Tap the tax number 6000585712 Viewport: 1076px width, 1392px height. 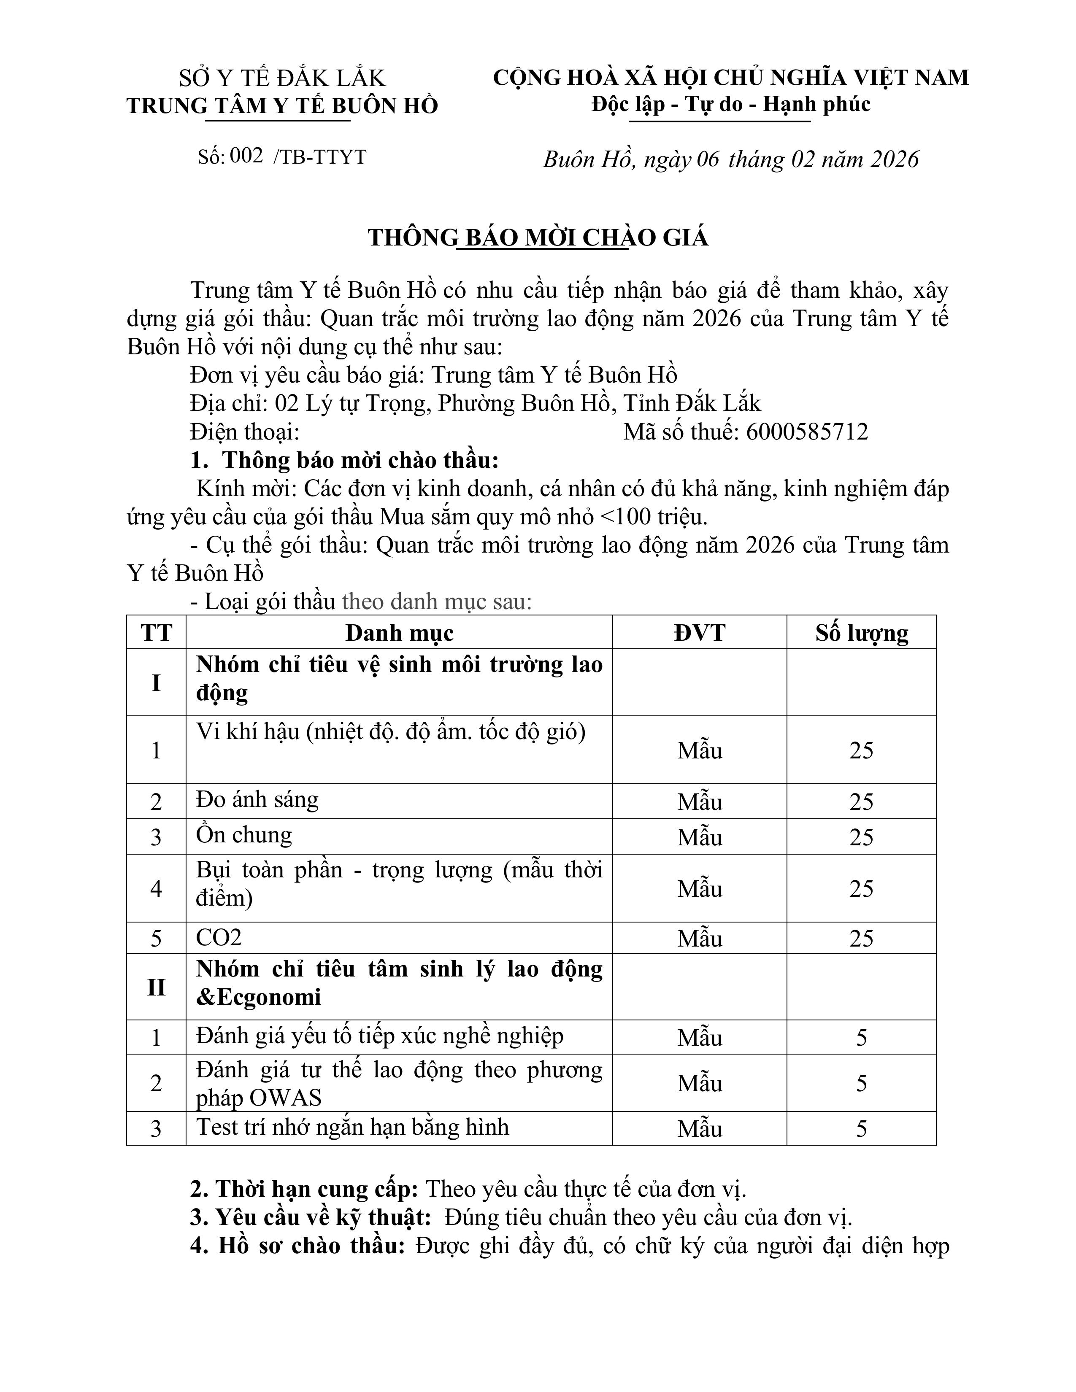point(806,432)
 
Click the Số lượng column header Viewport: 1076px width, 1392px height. point(861,633)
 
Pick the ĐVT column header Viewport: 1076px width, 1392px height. point(699,633)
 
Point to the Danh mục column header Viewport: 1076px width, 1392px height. point(399,633)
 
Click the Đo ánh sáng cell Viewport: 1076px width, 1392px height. point(257,800)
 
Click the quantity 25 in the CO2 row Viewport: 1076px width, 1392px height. point(861,938)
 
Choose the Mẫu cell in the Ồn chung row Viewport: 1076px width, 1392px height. point(699,837)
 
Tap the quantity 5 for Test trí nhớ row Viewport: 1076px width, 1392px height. point(861,1129)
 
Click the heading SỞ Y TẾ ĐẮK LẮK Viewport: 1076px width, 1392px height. point(282,78)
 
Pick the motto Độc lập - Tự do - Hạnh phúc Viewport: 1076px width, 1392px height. point(730,104)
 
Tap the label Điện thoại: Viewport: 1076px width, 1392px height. point(245,432)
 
